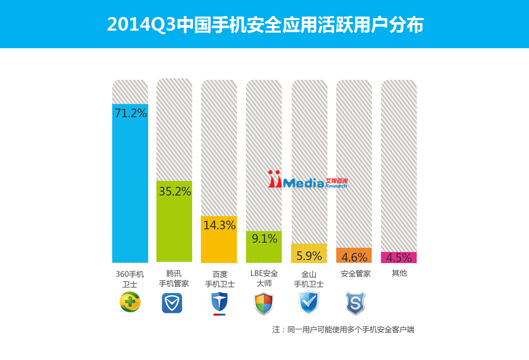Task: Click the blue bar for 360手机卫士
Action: coord(130,191)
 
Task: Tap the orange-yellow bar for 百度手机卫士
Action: coord(219,246)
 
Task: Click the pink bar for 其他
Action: coord(399,258)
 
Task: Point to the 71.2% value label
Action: coord(131,113)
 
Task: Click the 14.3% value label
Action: coord(220,225)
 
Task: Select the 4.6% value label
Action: coord(354,258)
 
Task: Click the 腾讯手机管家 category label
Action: coord(174,279)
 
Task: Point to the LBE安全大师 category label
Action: coord(264,279)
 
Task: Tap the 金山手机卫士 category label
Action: coord(309,279)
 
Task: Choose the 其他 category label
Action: coord(399,274)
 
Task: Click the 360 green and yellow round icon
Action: coord(130,303)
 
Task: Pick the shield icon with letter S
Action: coord(354,303)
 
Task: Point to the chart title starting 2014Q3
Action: coord(265,25)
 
